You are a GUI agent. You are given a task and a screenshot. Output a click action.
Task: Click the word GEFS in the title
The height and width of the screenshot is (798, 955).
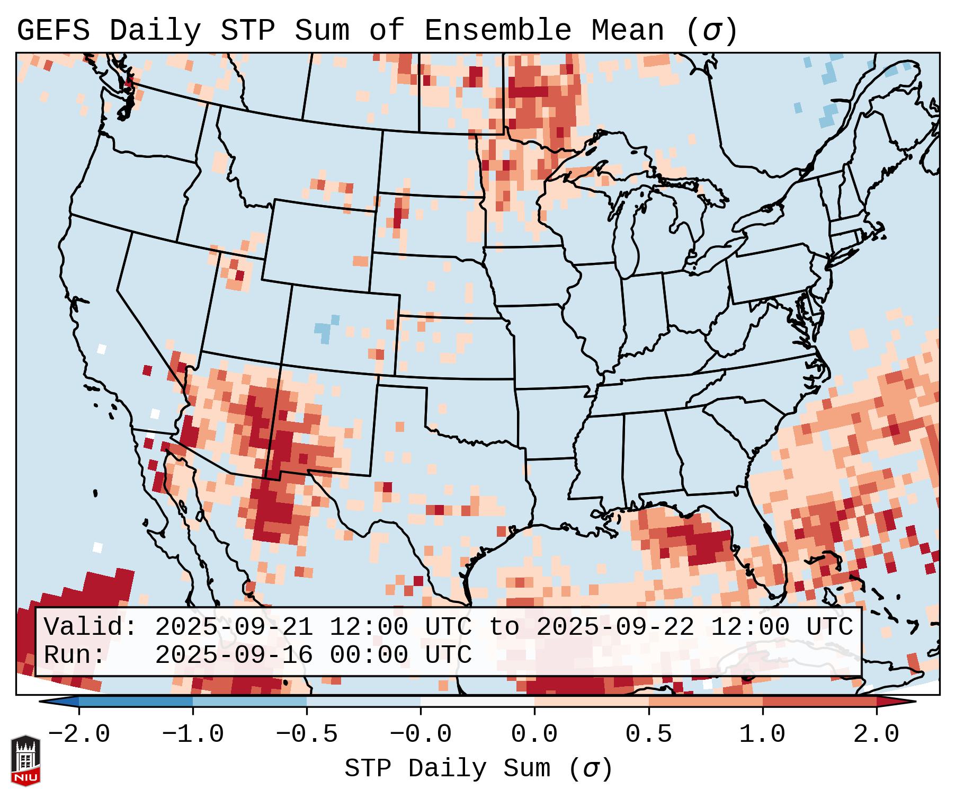point(53,31)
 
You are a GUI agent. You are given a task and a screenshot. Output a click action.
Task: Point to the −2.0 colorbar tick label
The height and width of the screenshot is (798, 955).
point(79,734)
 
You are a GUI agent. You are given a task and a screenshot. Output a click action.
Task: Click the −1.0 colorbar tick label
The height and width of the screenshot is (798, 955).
point(193,734)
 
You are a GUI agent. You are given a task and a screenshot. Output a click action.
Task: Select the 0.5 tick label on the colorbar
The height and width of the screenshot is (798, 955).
point(648,734)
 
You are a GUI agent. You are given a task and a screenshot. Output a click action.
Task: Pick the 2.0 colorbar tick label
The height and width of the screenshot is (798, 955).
point(876,734)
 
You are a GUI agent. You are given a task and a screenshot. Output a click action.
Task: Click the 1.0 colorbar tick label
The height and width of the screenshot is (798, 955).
point(762,734)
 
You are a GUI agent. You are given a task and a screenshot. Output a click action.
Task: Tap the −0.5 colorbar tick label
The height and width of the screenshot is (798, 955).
point(307,734)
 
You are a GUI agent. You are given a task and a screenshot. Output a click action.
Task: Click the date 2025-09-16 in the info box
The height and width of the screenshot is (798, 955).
point(234,655)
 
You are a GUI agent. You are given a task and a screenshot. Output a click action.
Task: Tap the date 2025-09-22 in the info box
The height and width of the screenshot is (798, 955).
point(615,627)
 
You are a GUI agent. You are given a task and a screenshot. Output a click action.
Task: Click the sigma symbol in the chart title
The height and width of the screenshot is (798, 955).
point(711,31)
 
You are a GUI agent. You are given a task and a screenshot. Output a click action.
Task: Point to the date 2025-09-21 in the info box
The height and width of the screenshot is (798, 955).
point(234,627)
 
